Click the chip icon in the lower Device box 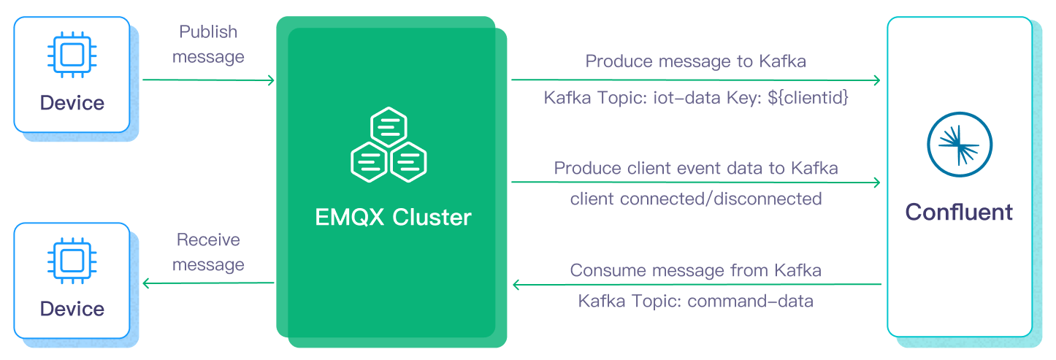(72, 261)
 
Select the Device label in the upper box (72, 103)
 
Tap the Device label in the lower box (72, 309)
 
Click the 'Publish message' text (208, 44)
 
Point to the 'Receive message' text (208, 252)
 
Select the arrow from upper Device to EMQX (208, 80)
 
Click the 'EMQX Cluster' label (393, 218)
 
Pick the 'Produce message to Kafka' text (695, 61)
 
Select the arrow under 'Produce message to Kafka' (695, 80)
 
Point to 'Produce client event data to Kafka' (695, 168)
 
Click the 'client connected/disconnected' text (695, 199)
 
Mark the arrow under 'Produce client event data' (695, 183)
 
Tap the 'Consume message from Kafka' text (695, 270)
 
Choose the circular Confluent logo (959, 143)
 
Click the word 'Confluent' (959, 212)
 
